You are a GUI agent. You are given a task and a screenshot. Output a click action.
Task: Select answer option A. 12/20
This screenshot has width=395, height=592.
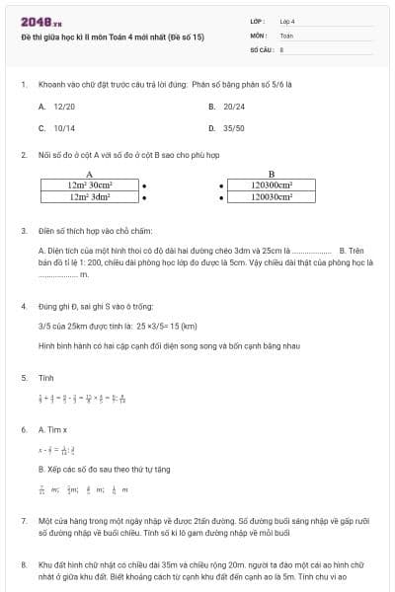tap(57, 105)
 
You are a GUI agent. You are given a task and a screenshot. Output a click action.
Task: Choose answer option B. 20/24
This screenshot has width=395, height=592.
tap(226, 105)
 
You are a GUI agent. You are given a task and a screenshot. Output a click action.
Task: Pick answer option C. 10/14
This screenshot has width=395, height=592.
tap(57, 128)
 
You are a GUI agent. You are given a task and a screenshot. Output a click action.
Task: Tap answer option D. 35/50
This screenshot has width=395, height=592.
tap(226, 128)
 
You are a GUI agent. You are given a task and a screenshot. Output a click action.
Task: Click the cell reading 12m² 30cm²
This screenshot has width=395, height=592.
tap(90, 184)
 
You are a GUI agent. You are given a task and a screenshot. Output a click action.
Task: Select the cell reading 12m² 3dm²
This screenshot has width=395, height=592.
tap(90, 196)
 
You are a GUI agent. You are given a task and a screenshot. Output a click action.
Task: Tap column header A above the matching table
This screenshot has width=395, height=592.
tap(90, 173)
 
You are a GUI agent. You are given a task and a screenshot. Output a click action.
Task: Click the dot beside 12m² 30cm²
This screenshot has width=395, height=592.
tap(145, 185)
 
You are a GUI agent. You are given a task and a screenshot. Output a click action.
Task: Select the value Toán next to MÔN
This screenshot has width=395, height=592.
tap(286, 35)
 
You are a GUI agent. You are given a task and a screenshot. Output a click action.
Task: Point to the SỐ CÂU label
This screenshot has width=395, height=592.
tap(261, 48)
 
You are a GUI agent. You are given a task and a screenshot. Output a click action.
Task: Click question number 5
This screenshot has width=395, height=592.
tap(24, 377)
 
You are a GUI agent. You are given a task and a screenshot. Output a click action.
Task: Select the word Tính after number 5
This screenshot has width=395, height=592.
tap(45, 377)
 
